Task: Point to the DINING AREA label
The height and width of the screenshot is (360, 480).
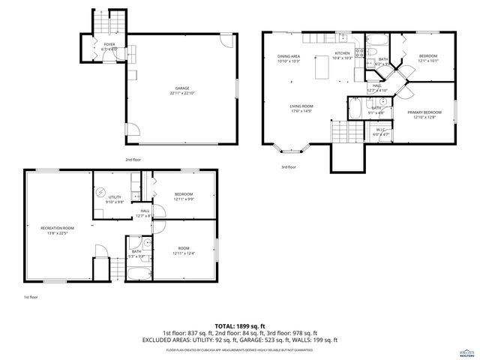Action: coord(288,58)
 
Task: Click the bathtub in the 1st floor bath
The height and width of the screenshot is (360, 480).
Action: coord(139,270)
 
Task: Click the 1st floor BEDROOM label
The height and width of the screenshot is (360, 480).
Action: coord(184,196)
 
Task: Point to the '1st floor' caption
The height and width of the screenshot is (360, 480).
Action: coord(30,297)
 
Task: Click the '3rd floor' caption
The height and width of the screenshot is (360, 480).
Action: coord(288,167)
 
